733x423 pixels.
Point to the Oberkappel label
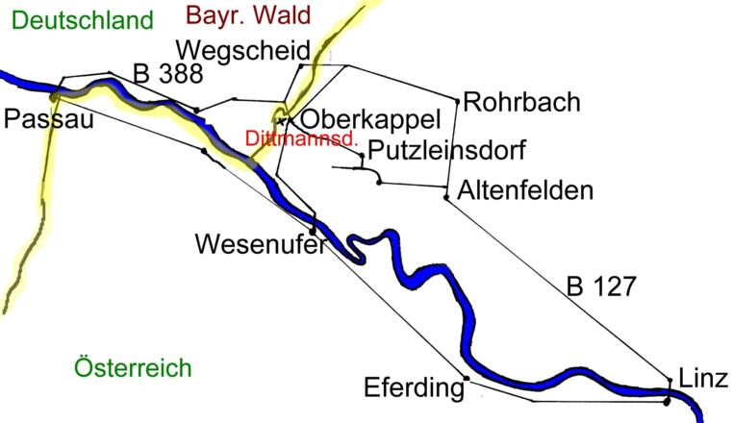370,120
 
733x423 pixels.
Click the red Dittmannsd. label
301,138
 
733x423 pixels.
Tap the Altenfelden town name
525,190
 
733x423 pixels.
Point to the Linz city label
703,378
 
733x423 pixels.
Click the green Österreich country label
133,367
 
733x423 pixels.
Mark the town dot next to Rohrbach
455,99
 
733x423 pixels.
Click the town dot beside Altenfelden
446,198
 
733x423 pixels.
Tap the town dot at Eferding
467,378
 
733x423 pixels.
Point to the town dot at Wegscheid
300,66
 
